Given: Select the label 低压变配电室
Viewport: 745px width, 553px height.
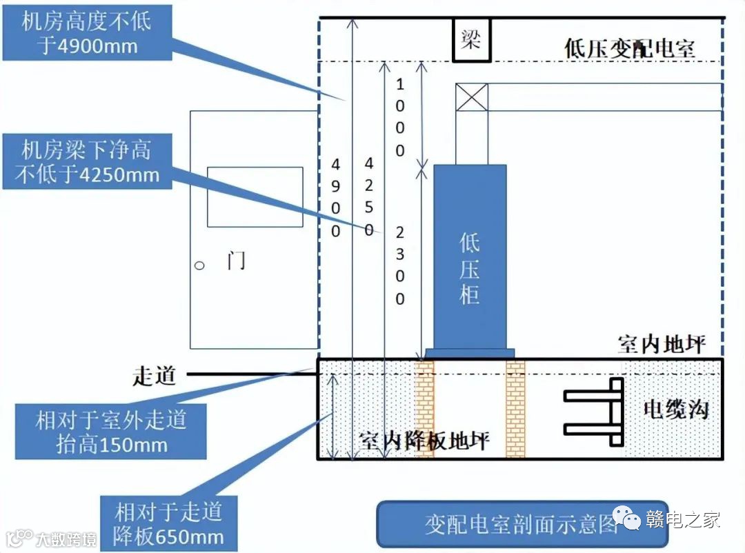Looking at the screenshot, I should click(x=629, y=48).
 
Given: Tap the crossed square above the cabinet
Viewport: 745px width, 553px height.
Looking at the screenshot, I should click(x=472, y=97).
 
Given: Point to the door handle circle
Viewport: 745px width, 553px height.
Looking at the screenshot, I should click(x=199, y=265).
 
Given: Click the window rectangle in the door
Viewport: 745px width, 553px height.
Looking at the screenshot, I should click(x=255, y=197).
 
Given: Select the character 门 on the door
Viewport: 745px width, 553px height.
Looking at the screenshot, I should click(x=236, y=261).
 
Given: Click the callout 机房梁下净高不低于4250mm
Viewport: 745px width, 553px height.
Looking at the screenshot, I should click(x=86, y=162).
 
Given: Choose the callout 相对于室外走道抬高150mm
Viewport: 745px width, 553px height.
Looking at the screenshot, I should click(x=111, y=431).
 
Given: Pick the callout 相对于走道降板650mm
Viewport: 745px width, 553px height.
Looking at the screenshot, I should click(x=169, y=523).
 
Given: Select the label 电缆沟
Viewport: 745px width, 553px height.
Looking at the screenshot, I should click(x=675, y=410).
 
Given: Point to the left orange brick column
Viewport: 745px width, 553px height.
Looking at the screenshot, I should click(x=424, y=408).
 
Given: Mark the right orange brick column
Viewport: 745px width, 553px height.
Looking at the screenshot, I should click(x=515, y=408).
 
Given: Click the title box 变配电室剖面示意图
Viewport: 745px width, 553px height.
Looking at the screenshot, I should click(x=522, y=525).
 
